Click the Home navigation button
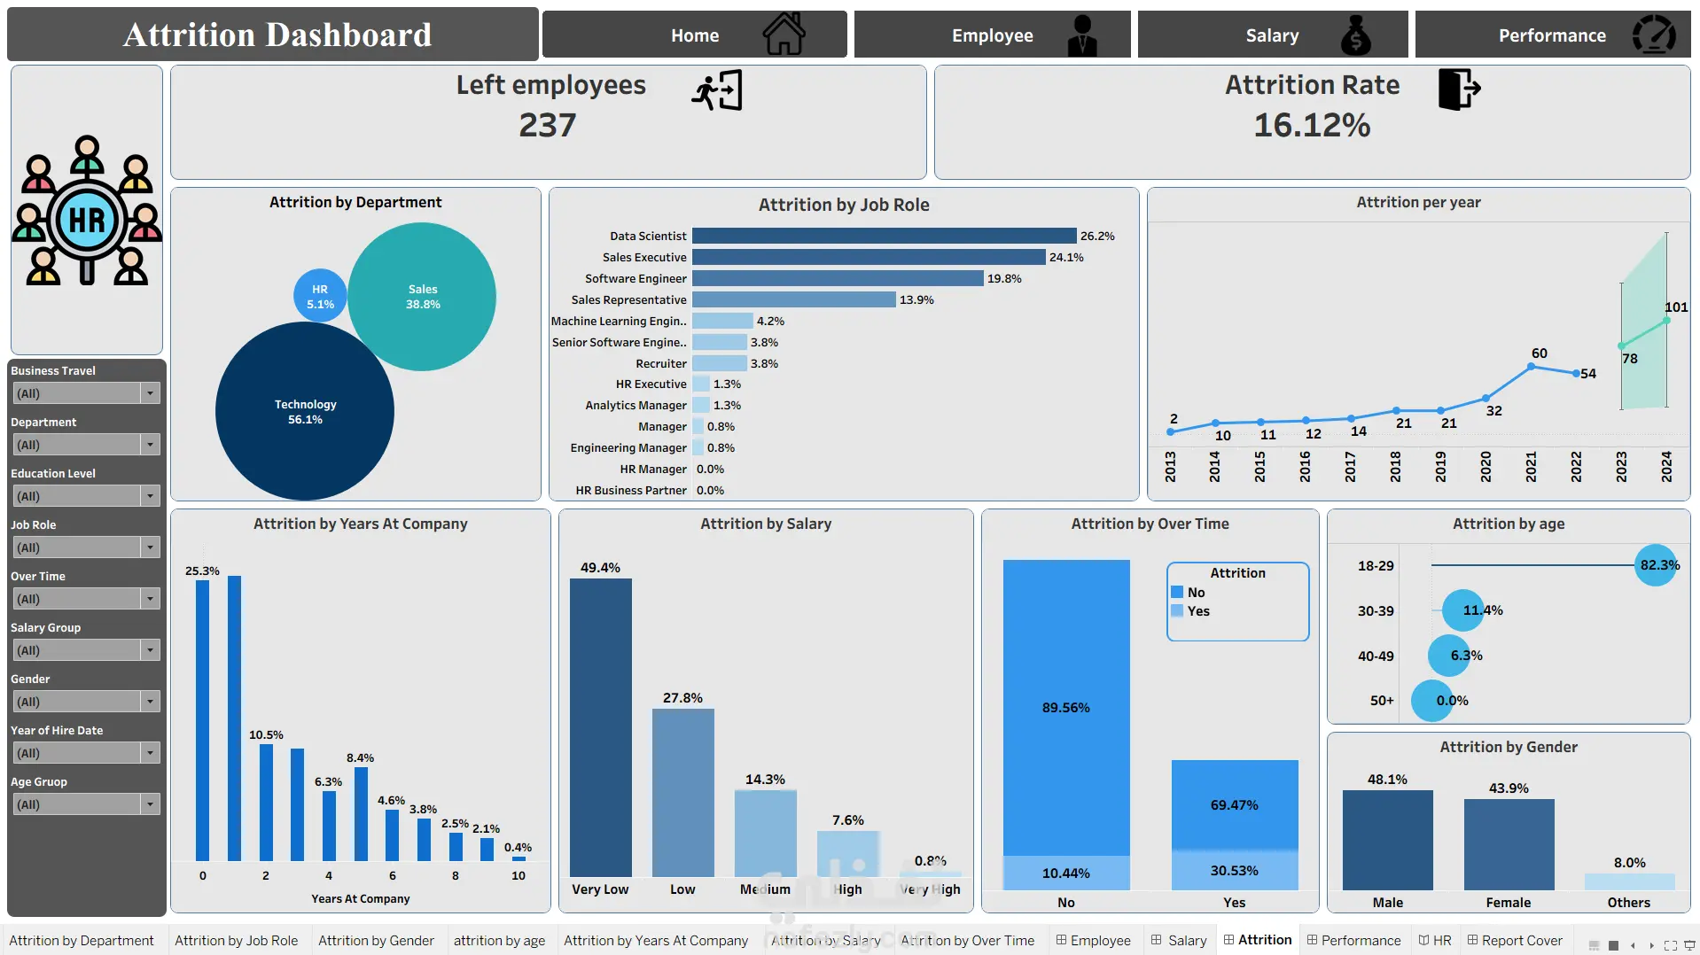pyautogui.click(x=694, y=35)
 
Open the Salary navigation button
pyautogui.click(x=1272, y=35)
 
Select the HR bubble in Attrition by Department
pyautogui.click(x=320, y=296)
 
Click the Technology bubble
pyautogui.click(x=305, y=411)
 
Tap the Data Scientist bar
pyautogui.click(x=884, y=236)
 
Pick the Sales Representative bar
pyautogui.click(x=793, y=299)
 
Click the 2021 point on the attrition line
pyautogui.click(x=1531, y=366)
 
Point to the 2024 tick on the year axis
pyautogui.click(x=1666, y=466)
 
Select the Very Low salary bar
pyautogui.click(x=600, y=727)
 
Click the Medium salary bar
pyautogui.click(x=765, y=833)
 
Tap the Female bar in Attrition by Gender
pyautogui.click(x=1509, y=844)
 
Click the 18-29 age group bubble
pyautogui.click(x=1656, y=565)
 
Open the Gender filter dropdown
pyautogui.click(x=86, y=702)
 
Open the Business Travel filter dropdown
pyautogui.click(x=86, y=393)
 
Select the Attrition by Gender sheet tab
pyautogui.click(x=376, y=940)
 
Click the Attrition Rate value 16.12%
pyautogui.click(x=1312, y=125)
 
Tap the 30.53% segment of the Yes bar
pyautogui.click(x=1235, y=870)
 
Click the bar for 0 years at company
pyautogui.click(x=203, y=720)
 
